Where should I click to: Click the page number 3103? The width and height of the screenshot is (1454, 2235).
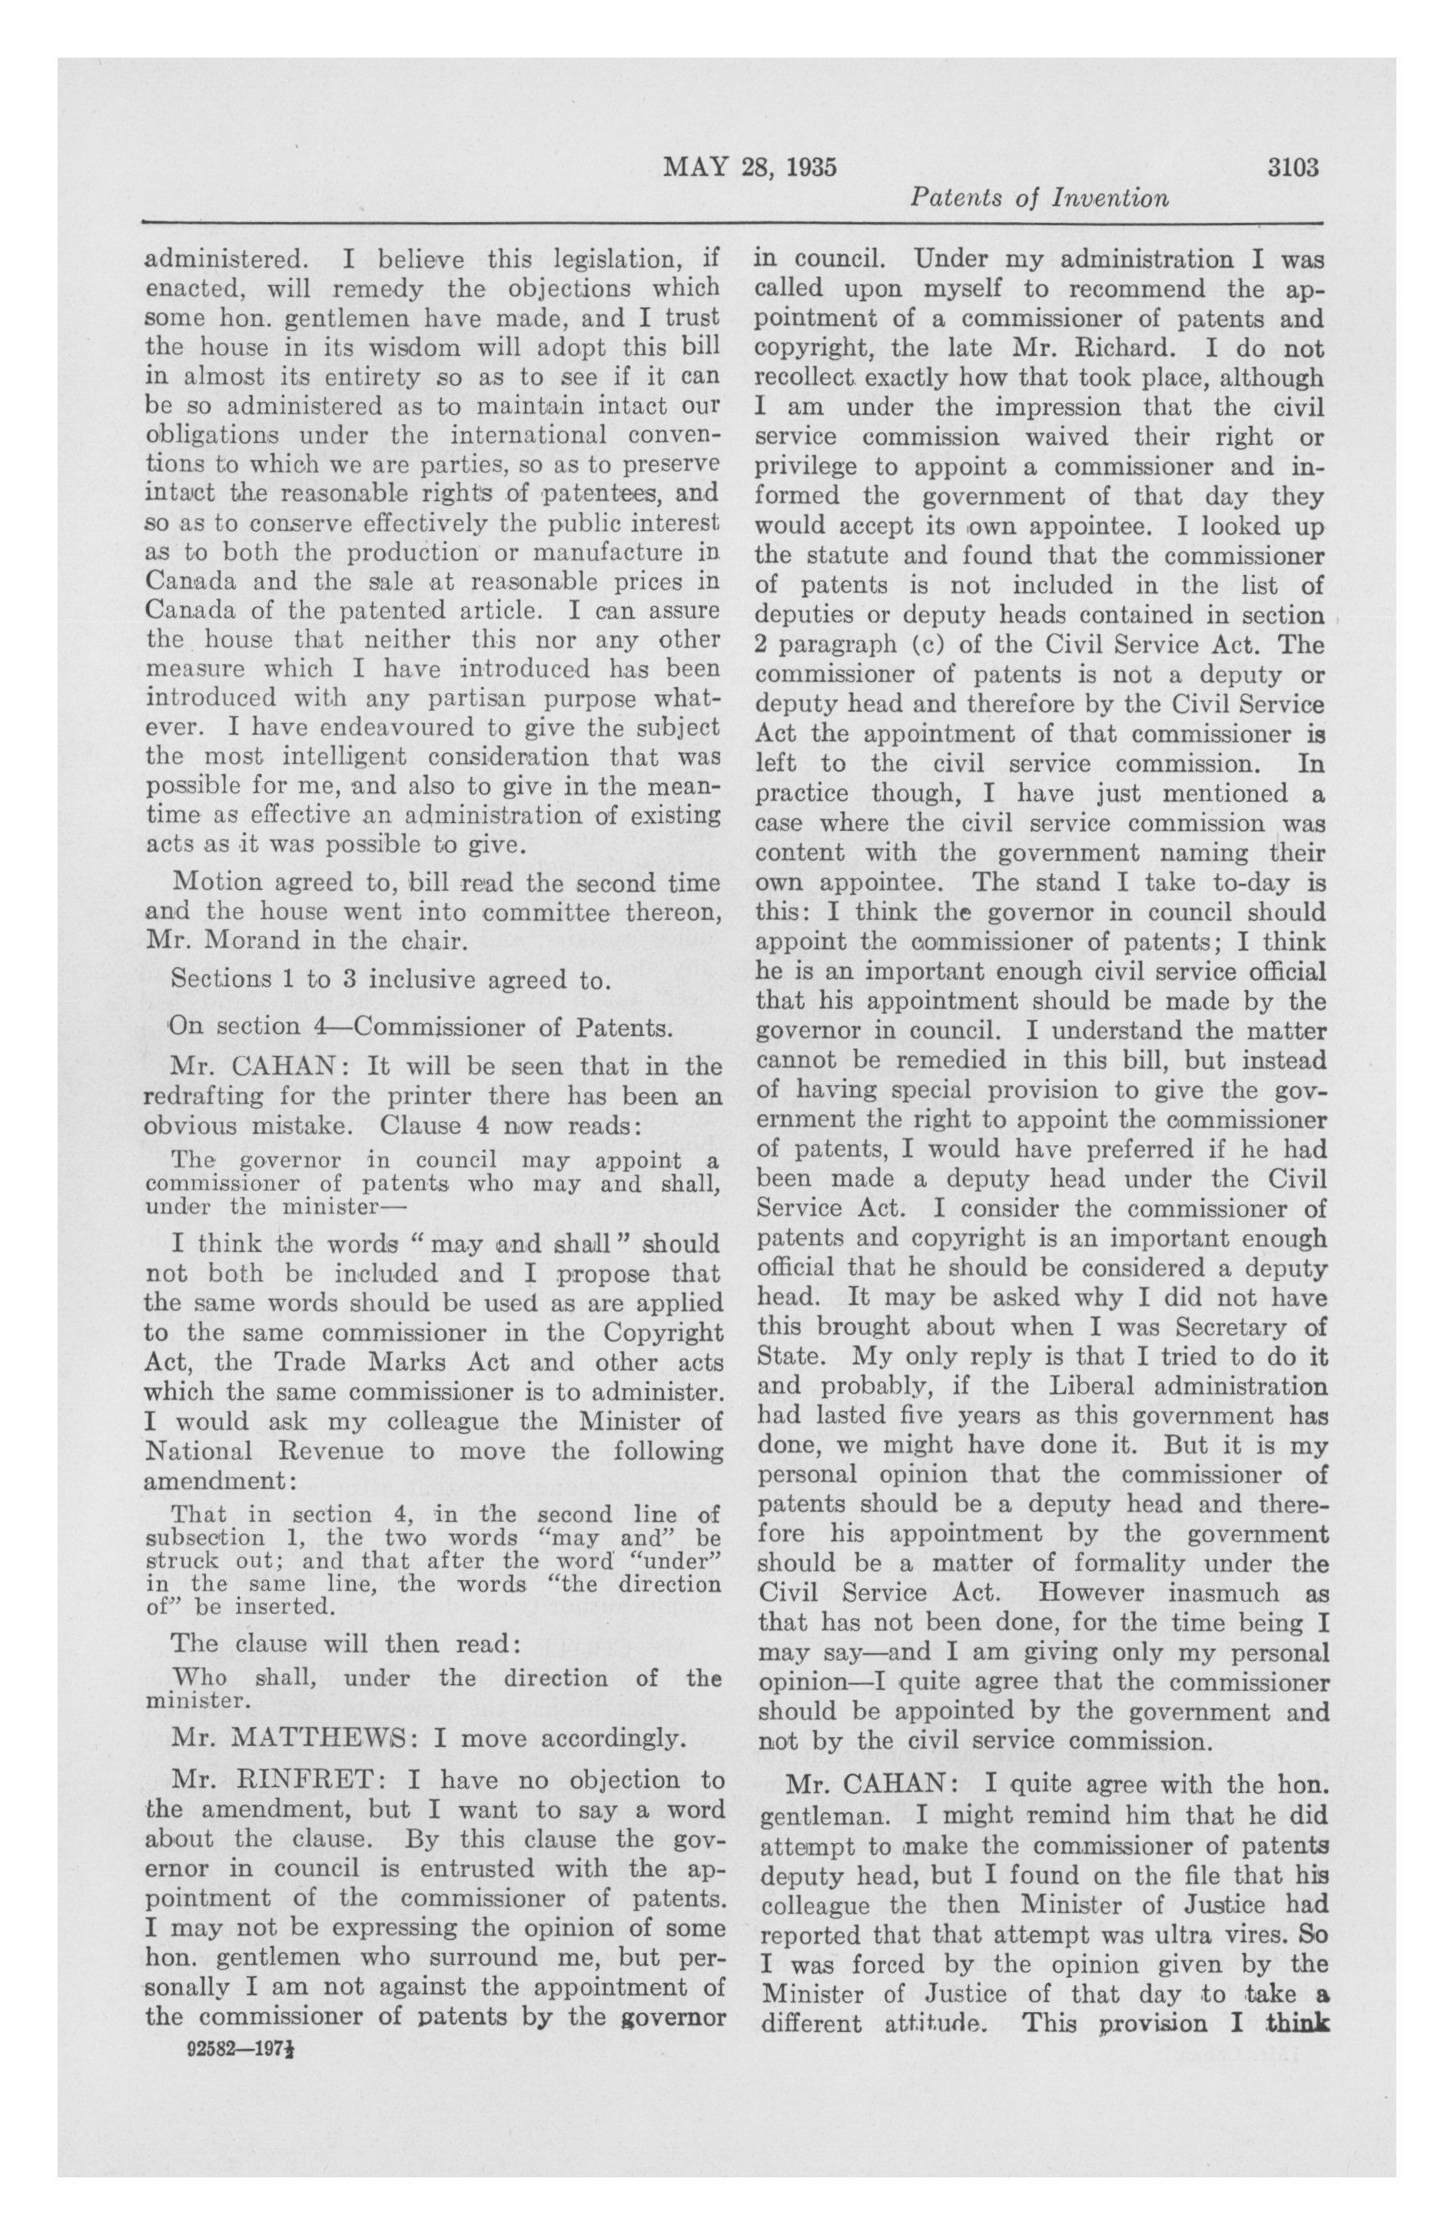[x=1293, y=168]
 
